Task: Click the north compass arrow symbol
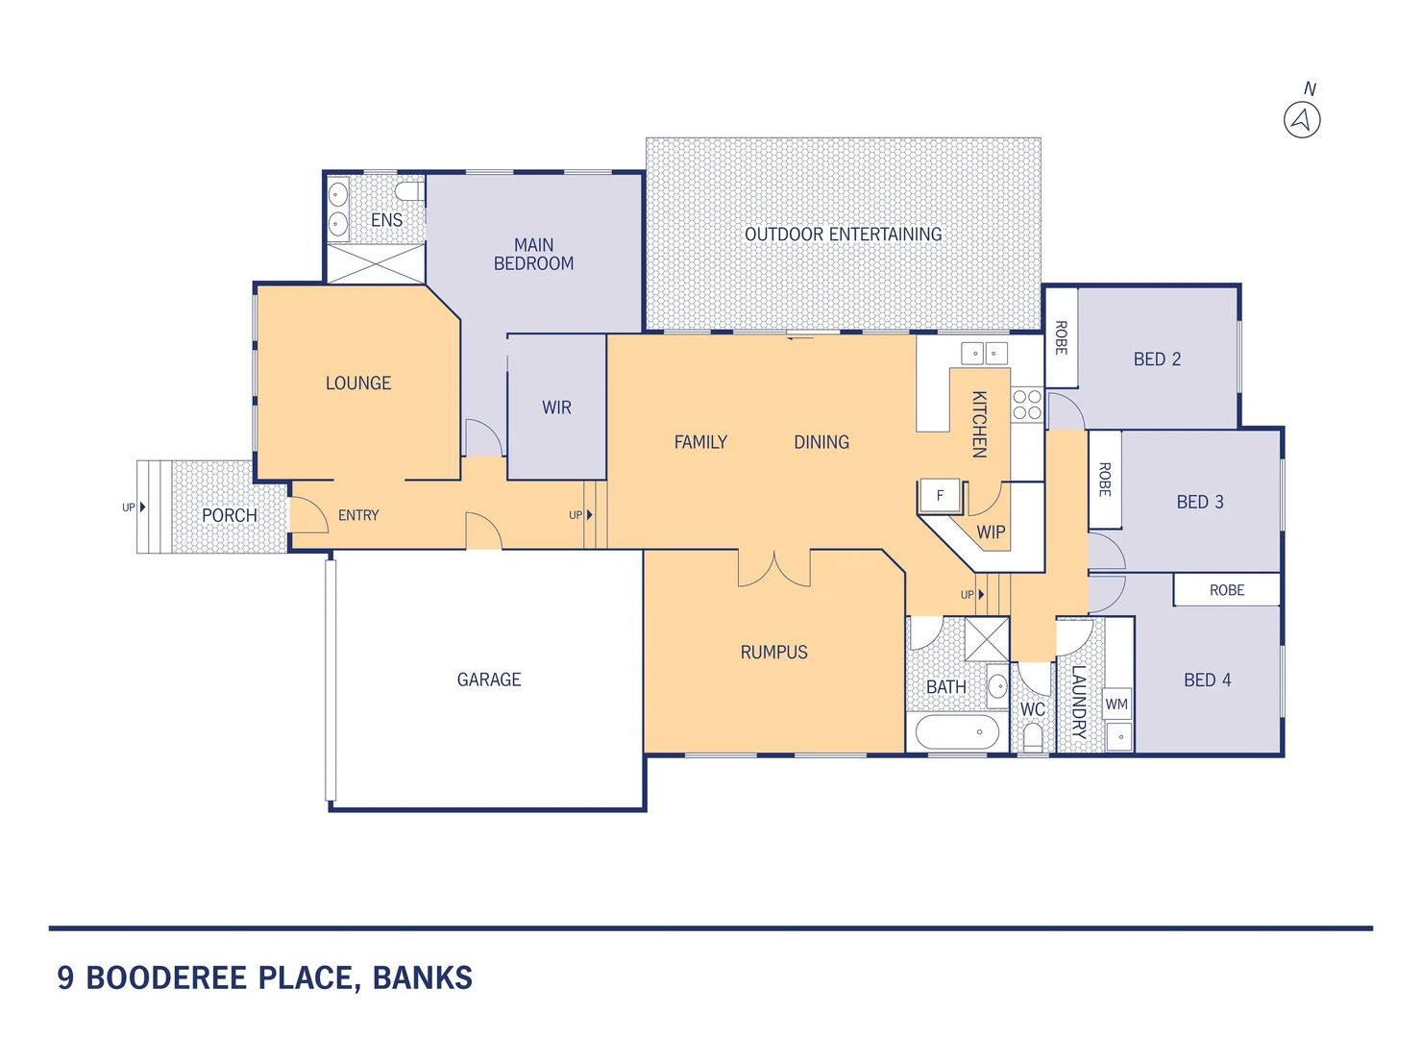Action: pos(1302,120)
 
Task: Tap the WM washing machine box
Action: pos(1116,704)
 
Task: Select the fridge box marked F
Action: pos(940,496)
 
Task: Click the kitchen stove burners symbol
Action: pos(1026,405)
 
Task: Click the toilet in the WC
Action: pos(1033,737)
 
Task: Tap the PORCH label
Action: pos(229,515)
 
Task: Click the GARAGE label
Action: pos(489,680)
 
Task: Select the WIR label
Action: pos(556,408)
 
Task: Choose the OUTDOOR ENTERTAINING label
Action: pos(843,235)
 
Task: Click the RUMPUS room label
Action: pos(773,653)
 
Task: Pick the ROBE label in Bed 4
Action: pos(1226,590)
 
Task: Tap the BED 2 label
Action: pos(1157,359)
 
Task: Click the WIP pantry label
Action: pos(991,531)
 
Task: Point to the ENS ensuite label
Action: pos(386,220)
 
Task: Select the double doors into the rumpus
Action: pos(773,569)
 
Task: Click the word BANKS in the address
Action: pos(422,978)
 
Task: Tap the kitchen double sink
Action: pos(985,353)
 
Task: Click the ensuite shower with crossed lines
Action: pos(376,264)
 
